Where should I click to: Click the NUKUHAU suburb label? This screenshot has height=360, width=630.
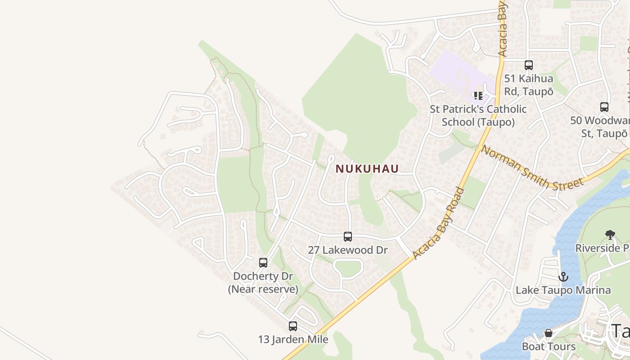click(367, 169)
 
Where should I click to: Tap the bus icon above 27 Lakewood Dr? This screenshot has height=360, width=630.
click(348, 236)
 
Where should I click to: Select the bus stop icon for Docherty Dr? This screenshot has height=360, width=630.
click(263, 262)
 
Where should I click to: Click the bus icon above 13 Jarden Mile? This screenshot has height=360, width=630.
click(293, 326)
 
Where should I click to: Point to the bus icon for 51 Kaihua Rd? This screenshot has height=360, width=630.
click(529, 65)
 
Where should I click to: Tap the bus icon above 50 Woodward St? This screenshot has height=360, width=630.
click(604, 107)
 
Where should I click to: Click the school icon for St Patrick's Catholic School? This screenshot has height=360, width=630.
click(478, 95)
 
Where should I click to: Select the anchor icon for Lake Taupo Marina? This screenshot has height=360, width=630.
click(563, 277)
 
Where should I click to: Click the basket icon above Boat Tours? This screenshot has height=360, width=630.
click(549, 333)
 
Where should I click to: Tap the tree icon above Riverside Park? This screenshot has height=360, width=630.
click(610, 234)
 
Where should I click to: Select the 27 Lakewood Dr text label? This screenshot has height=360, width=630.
click(347, 250)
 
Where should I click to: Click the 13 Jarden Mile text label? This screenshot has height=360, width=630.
click(293, 339)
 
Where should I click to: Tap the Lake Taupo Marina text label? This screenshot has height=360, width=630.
click(563, 290)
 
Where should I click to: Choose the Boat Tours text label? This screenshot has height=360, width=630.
click(549, 346)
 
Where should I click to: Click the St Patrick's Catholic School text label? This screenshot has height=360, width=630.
click(478, 116)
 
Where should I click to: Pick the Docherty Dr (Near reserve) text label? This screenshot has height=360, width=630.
click(263, 282)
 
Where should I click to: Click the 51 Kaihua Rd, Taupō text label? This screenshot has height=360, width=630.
click(529, 85)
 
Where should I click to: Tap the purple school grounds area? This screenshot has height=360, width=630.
click(454, 72)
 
